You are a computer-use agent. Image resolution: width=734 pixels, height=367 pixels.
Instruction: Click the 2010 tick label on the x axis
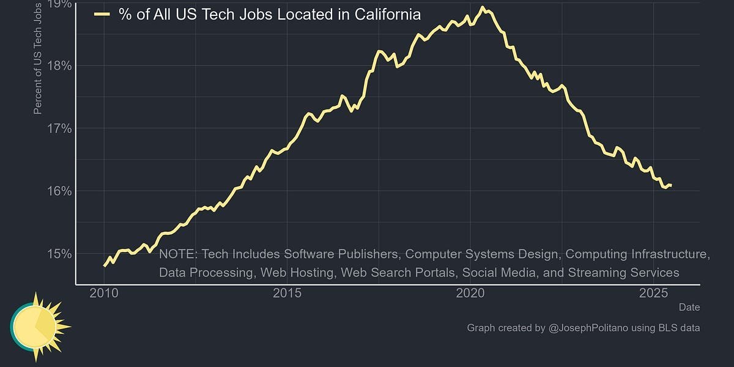[104, 293]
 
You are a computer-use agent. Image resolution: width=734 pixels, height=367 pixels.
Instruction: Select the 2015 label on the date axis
[287, 293]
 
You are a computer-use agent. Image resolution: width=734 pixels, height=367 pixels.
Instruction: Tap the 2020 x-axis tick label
[470, 293]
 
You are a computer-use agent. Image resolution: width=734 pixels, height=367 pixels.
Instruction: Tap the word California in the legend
[388, 15]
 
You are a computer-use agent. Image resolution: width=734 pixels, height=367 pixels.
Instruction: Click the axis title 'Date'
[689, 307]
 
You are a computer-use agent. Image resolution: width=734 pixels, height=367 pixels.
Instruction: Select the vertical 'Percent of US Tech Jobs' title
[38, 58]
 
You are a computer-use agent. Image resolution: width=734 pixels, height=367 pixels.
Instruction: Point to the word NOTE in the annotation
[177, 254]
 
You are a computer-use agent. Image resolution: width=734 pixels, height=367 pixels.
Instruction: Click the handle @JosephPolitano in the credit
[590, 328]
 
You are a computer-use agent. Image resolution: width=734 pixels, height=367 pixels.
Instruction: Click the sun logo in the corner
[38, 325]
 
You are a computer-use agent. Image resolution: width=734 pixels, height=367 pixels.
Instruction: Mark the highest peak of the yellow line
[483, 8]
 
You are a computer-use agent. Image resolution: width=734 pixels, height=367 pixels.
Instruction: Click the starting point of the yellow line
[105, 265]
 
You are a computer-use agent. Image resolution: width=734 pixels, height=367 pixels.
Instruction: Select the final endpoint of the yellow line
[671, 185]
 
